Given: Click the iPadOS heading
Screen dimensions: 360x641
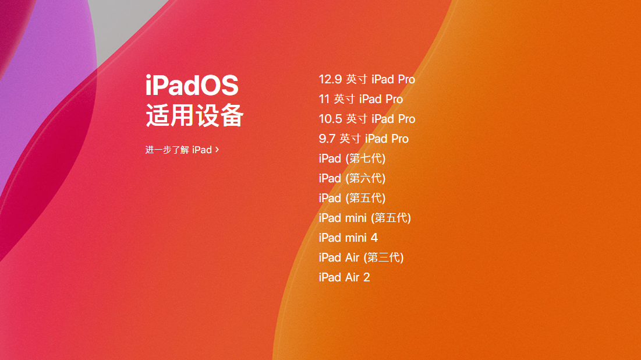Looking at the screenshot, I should [192, 86].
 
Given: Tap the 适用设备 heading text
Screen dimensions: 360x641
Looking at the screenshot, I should [194, 115].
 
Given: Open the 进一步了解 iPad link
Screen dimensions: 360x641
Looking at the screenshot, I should [179, 150].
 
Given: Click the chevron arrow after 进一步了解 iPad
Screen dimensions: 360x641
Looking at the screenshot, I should [217, 150].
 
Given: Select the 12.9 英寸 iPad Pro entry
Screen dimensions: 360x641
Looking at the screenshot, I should [367, 79].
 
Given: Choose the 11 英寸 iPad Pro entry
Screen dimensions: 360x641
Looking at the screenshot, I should [360, 99].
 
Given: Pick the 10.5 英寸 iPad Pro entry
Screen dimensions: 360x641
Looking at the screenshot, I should [367, 119].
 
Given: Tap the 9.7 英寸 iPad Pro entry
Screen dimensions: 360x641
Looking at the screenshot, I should [363, 139].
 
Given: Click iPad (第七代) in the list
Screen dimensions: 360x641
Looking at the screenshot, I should [352, 158].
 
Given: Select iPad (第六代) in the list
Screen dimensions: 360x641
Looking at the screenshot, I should [352, 178].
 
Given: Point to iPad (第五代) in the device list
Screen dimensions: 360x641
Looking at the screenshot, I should [352, 198].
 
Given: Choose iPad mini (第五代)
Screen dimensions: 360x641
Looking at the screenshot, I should [364, 218].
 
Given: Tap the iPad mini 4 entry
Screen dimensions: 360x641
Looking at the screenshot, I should [348, 238].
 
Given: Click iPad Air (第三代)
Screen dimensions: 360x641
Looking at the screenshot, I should [361, 257].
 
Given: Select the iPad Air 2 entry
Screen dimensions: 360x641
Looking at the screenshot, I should [344, 277].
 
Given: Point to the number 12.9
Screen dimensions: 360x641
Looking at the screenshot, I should [330, 79].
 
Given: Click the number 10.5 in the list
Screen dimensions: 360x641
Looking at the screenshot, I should [330, 119].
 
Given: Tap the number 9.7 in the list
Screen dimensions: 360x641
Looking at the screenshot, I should [327, 139].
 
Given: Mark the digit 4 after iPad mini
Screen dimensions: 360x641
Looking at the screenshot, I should [374, 238].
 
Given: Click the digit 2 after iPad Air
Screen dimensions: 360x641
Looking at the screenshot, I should [366, 277].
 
